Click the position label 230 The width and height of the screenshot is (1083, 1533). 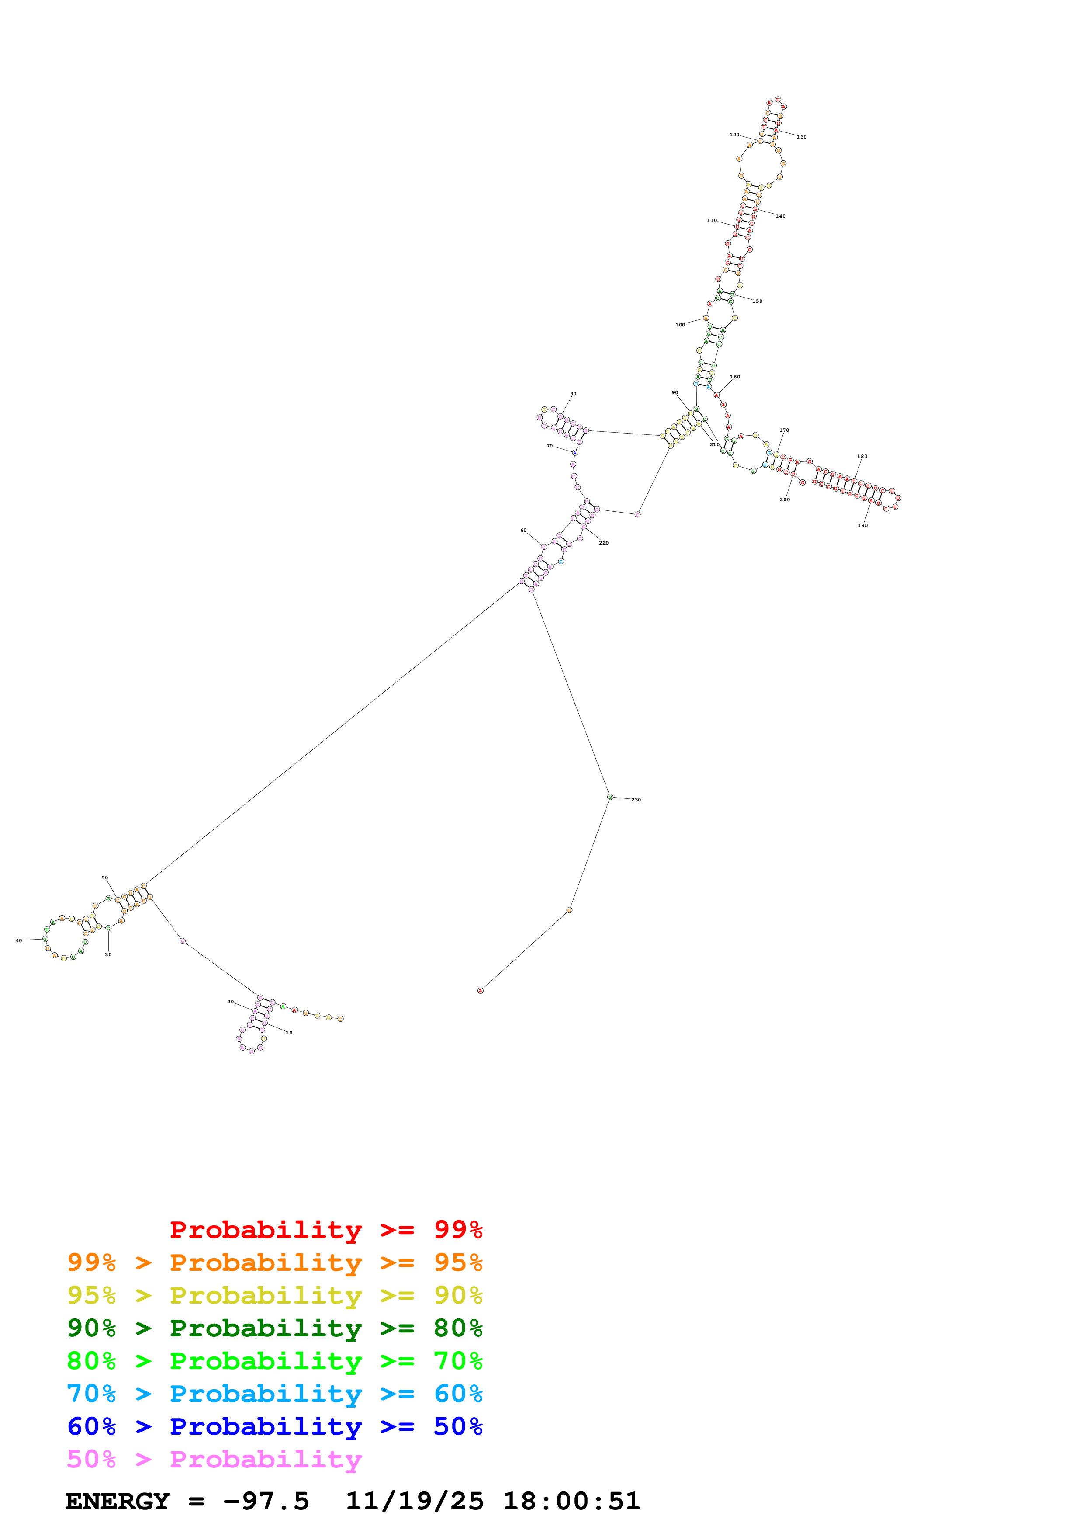636,800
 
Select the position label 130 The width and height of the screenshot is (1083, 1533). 801,137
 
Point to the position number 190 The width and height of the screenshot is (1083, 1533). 863,525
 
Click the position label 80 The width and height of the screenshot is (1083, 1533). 573,394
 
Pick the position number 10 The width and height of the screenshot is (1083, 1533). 289,1033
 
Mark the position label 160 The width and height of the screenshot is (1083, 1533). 735,377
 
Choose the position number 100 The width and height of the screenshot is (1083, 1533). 680,325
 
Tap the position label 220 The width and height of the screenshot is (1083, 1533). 604,543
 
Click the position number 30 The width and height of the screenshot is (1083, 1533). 108,955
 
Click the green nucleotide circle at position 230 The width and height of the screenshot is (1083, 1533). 610,797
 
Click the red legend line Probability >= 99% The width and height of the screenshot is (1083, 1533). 325,1230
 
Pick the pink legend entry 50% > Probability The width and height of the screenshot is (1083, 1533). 214,1460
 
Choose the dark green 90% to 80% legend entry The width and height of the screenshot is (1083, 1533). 274,1328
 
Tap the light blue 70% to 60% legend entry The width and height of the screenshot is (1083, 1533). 274,1394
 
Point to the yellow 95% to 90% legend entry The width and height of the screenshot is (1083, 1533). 274,1295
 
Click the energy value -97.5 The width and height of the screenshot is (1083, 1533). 266,1502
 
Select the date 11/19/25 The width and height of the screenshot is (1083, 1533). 415,1502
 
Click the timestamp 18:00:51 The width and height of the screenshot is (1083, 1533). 571,1502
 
